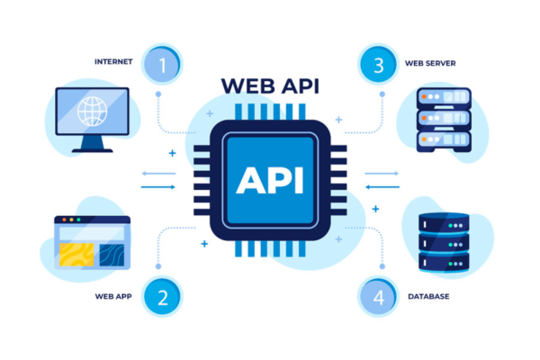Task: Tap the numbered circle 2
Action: (162, 296)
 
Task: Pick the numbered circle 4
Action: (377, 296)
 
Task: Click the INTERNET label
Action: (113, 62)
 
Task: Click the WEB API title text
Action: (270, 86)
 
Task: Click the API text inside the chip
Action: (270, 180)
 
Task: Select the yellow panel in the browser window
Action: (76, 253)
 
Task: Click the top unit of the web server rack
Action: (445, 97)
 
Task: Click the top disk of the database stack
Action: (445, 221)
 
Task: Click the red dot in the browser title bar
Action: (61, 220)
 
